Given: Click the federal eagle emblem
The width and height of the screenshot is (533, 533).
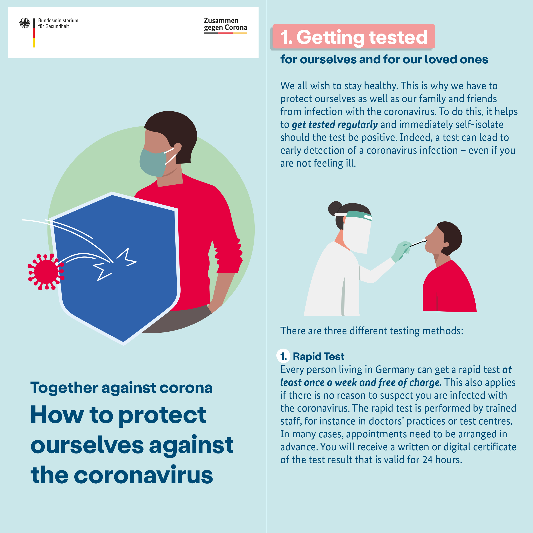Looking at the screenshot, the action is pos(25,23).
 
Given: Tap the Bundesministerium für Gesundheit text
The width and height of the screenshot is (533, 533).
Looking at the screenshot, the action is pos(58,23).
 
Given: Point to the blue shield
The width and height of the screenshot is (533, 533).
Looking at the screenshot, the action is pos(116,268).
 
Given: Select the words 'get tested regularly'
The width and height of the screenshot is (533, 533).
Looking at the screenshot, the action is pos(335,125).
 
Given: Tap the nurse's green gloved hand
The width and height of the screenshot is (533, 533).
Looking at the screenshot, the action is pos(402,251).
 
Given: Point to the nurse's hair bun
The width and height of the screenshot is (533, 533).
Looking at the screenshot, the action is pos(335,208).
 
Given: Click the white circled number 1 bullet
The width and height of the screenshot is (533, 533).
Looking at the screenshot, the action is pos(283,356).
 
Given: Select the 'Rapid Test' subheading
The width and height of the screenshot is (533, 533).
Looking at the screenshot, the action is pos(319,356).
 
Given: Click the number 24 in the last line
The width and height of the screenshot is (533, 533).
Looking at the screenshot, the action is pos(427,460).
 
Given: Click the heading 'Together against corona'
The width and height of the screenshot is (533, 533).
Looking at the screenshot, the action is pos(121,388).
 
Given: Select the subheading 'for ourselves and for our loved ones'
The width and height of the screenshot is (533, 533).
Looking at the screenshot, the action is pos(384,59).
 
